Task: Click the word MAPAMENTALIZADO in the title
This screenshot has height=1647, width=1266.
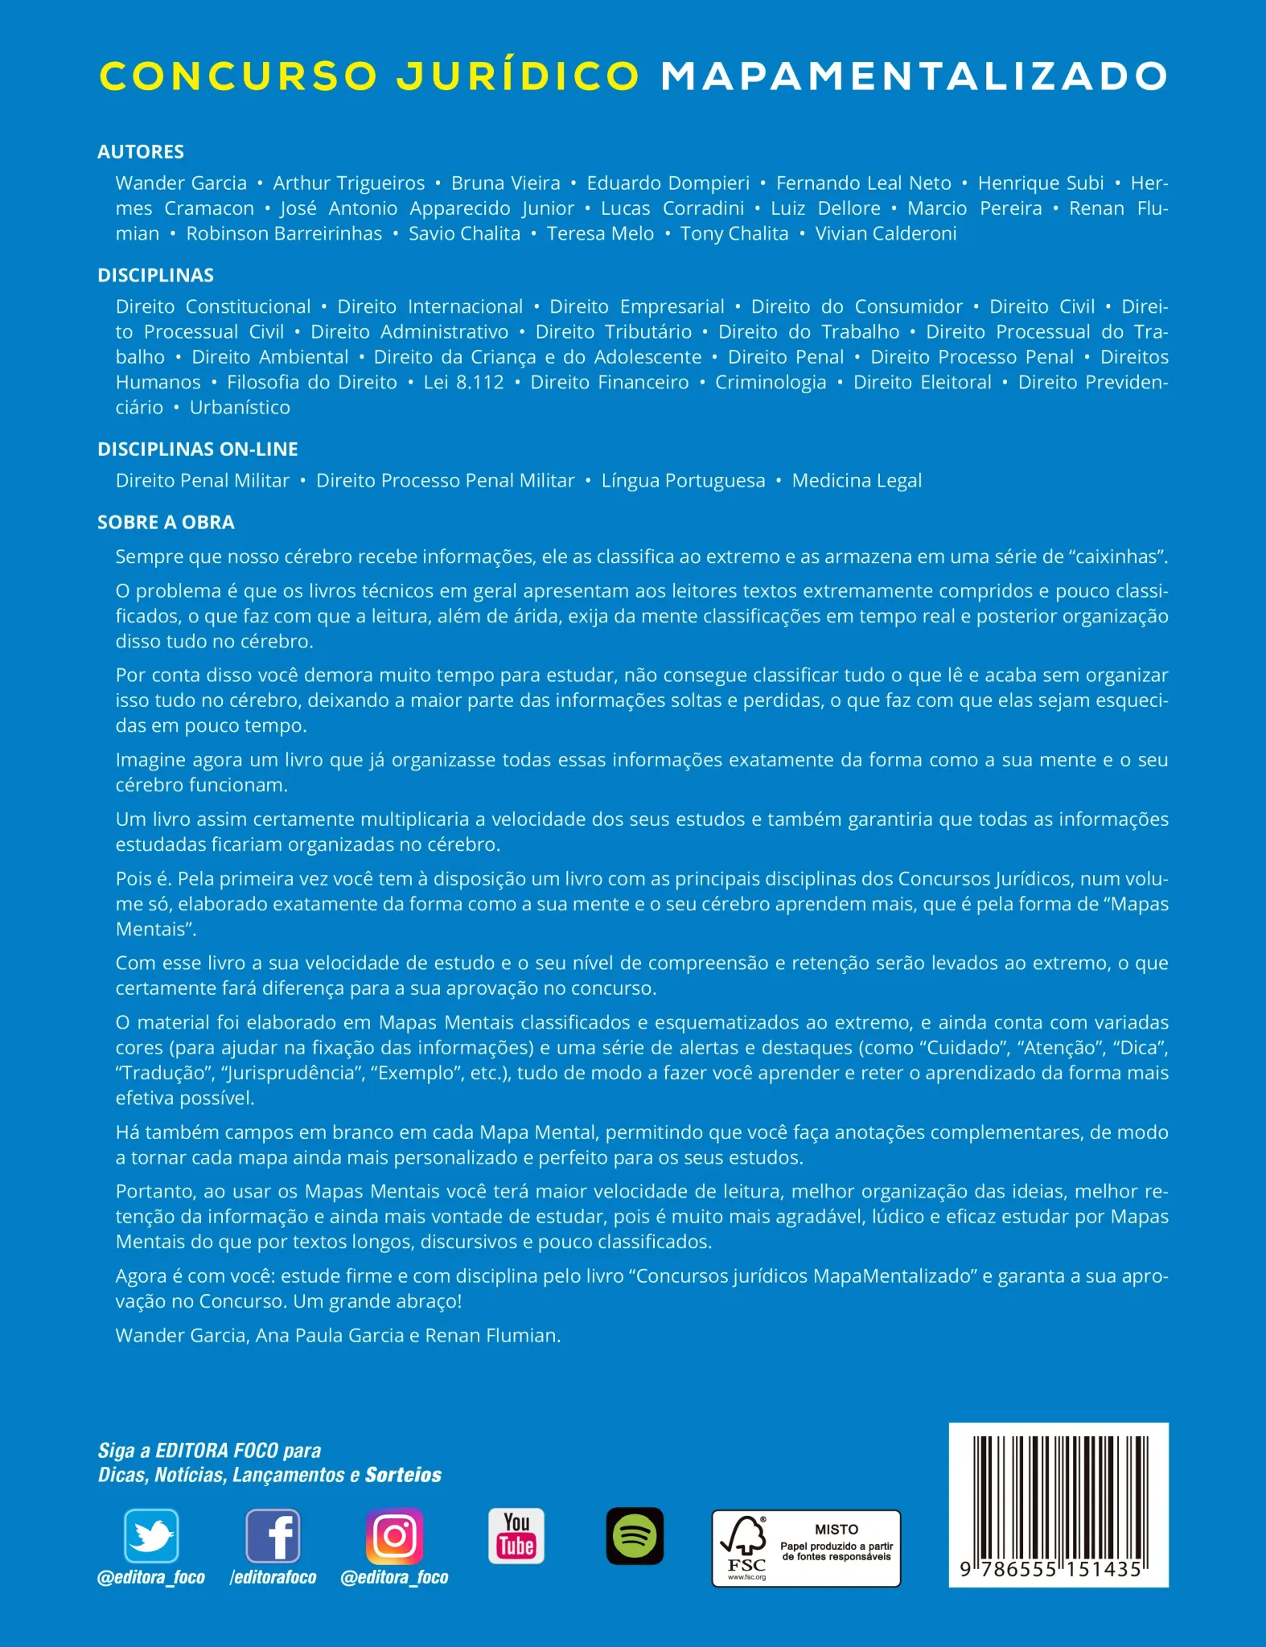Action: [914, 76]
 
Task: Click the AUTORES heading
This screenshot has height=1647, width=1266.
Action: [141, 152]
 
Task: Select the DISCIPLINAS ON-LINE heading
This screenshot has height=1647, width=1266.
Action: [198, 450]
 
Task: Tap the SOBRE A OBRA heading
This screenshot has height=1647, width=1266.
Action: [166, 523]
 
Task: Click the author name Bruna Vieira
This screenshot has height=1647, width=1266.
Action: [505, 183]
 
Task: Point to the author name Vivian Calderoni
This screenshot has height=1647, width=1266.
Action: [886, 234]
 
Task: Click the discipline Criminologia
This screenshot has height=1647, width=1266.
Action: [771, 383]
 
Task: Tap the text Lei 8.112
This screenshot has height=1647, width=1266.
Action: [464, 383]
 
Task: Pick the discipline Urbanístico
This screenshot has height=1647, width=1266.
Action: [240, 408]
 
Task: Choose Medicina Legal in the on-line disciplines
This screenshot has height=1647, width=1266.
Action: [857, 481]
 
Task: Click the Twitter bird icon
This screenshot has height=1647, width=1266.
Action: [151, 1536]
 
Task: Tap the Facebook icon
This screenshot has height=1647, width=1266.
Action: [273, 1536]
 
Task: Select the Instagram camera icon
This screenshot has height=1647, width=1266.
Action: [394, 1536]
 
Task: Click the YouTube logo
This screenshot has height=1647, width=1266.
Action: [516, 1536]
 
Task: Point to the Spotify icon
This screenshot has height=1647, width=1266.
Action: [635, 1536]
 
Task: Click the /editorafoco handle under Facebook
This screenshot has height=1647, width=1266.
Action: [273, 1578]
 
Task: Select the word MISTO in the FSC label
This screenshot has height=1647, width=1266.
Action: [836, 1529]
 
